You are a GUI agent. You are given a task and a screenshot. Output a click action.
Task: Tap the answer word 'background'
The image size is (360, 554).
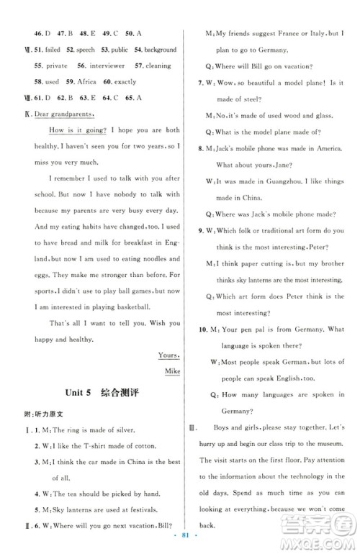(x=160, y=50)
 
